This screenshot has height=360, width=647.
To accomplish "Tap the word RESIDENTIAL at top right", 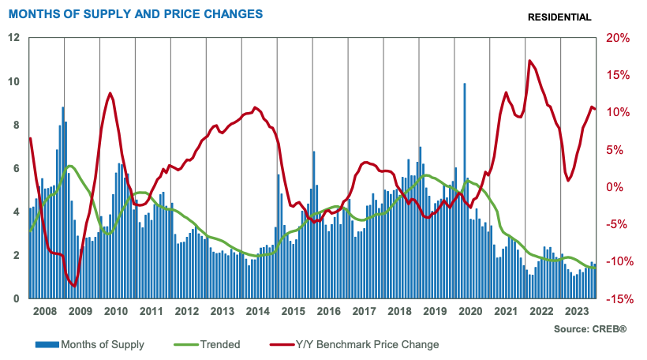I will (x=559, y=17).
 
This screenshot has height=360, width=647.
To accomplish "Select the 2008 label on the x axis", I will (x=46, y=311).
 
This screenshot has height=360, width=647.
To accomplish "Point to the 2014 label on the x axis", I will (x=259, y=311).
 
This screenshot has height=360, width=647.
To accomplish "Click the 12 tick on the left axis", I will (x=14, y=38).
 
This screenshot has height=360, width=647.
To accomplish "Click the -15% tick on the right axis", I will (x=616, y=299).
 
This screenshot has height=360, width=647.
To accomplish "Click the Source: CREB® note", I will (x=590, y=328).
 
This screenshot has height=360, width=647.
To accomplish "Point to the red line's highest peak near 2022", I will (x=529, y=61).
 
